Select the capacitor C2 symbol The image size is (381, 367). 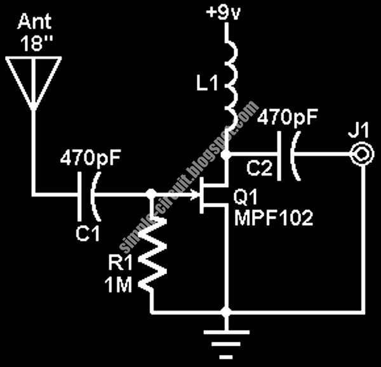tap(287, 153)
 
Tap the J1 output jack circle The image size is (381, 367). tap(361, 153)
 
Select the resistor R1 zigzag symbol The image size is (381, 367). tap(152, 254)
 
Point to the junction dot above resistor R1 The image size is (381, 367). tap(151, 193)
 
